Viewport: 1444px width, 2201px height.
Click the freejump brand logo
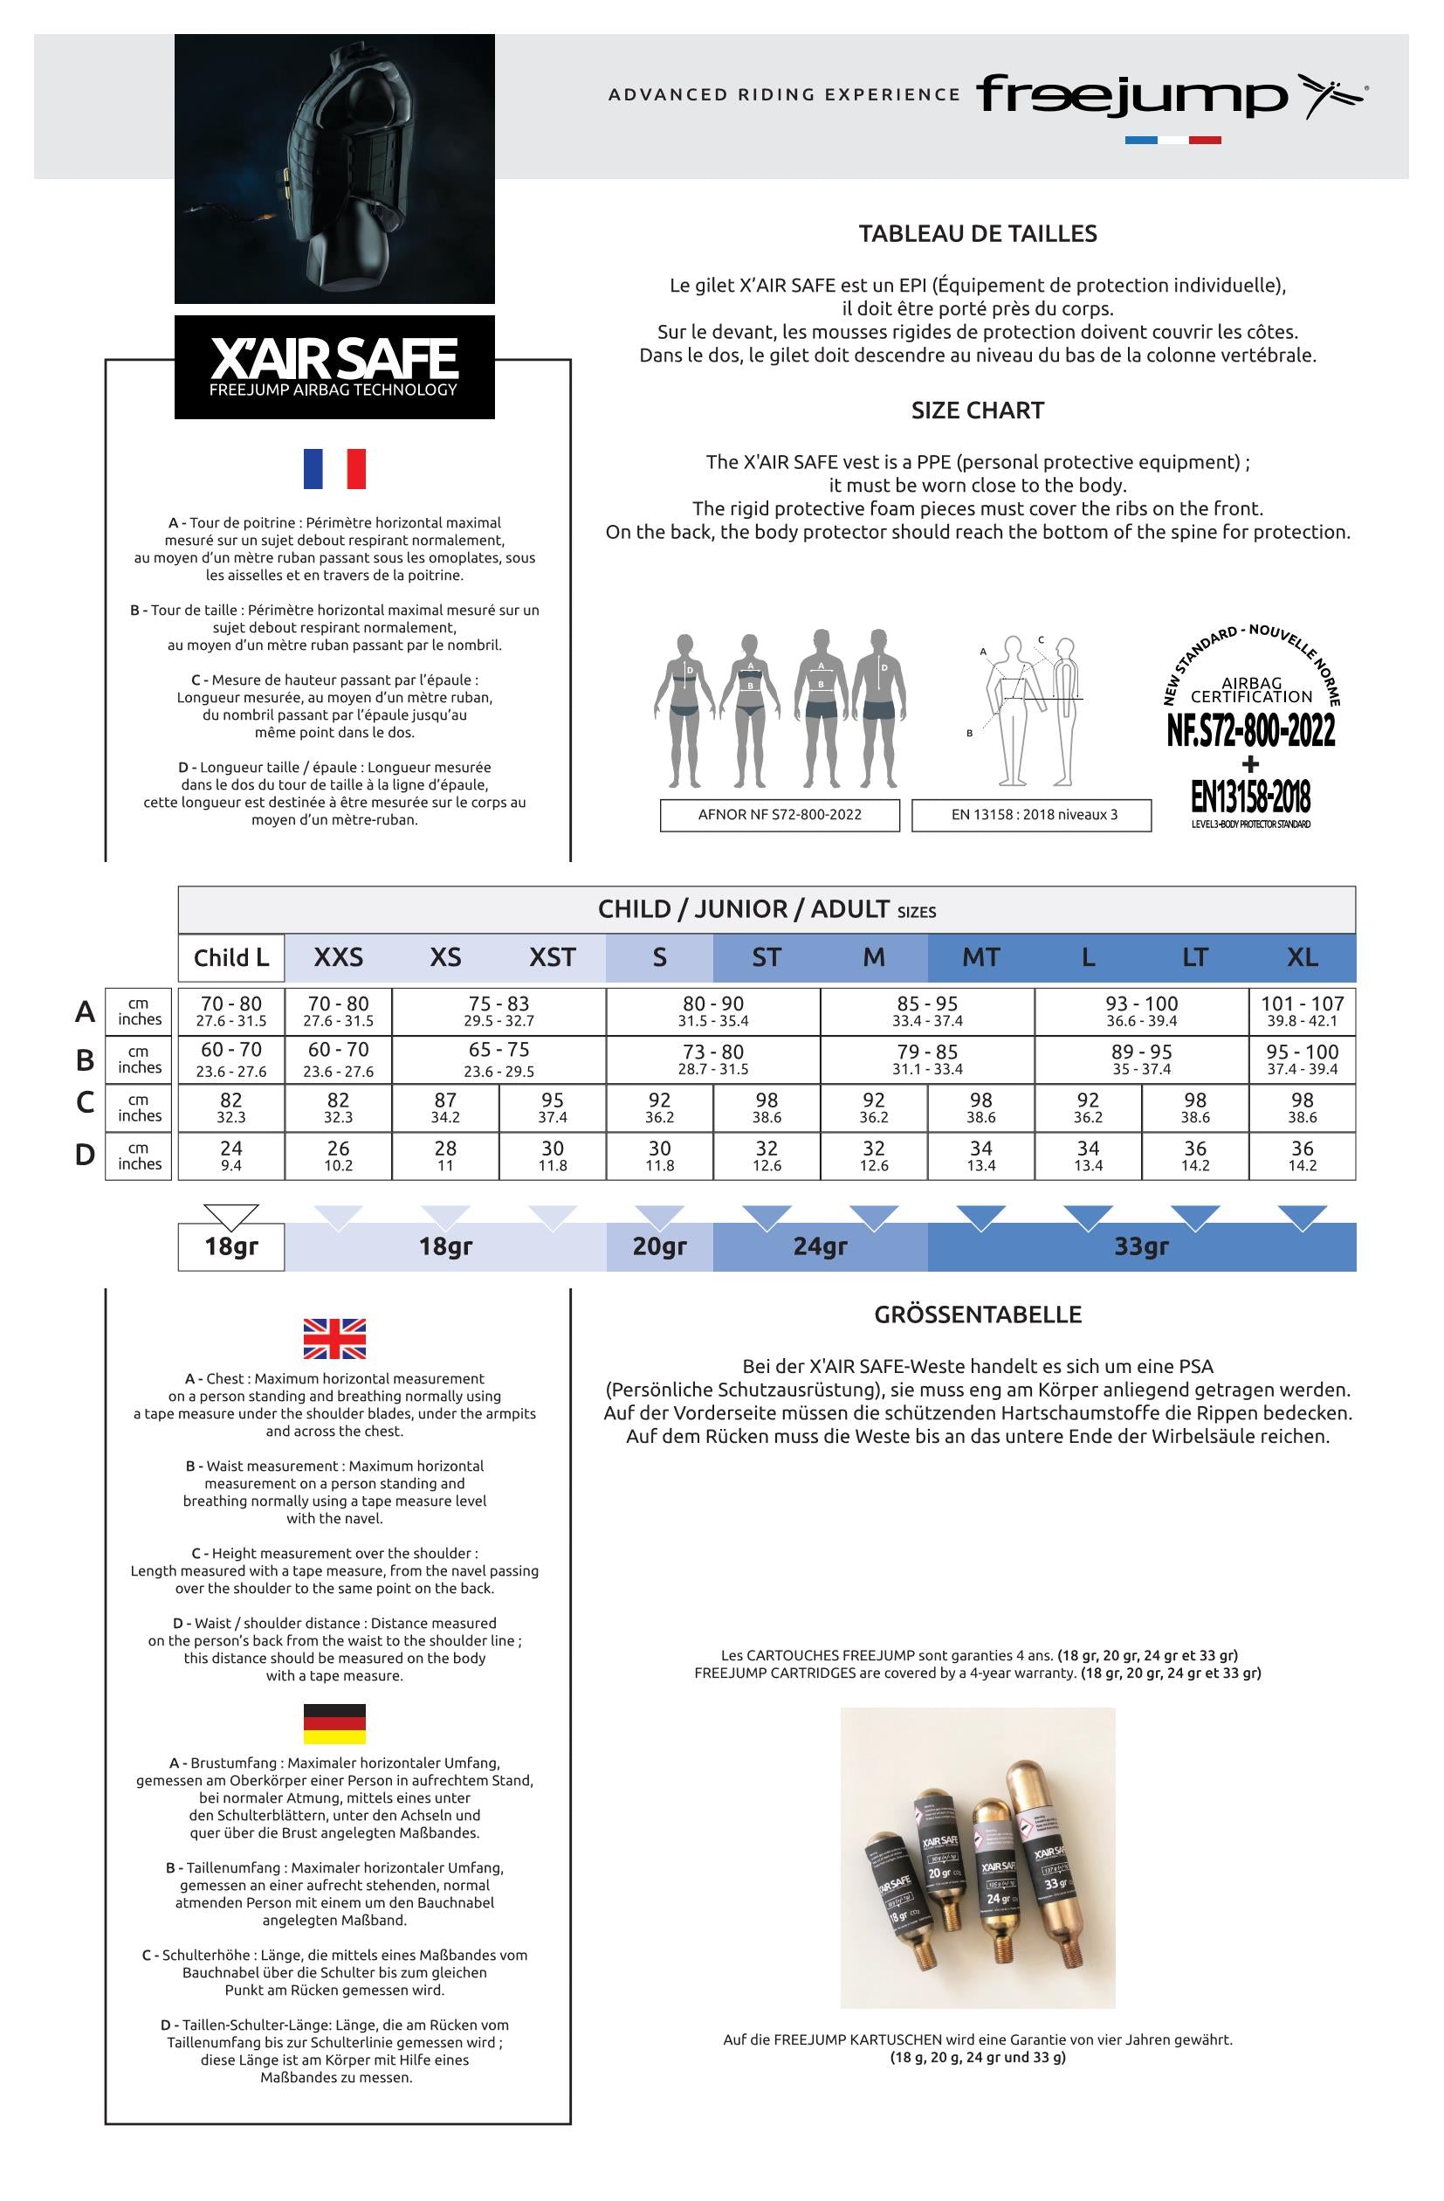1171,95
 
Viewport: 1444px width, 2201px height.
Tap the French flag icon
333,469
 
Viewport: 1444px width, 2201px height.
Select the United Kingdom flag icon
333,1339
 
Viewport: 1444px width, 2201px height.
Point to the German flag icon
333,1724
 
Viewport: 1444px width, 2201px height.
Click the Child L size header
231,957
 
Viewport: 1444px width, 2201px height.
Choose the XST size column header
552,957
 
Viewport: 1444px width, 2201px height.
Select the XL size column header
1302,957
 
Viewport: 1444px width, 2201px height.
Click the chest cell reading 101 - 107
1302,1011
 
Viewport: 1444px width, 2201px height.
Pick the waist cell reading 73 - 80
712,1059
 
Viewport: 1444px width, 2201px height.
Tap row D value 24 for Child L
231,1155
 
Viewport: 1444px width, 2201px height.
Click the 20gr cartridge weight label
659,1245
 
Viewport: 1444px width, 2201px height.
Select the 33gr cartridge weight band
1141,1245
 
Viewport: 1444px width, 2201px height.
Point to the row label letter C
85,1102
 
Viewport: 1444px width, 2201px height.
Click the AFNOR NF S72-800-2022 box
780,815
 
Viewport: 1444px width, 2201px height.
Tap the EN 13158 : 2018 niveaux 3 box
1032,815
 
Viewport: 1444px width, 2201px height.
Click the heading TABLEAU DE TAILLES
977,234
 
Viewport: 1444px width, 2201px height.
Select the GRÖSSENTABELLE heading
977,1314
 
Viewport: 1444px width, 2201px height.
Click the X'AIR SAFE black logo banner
333,367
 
